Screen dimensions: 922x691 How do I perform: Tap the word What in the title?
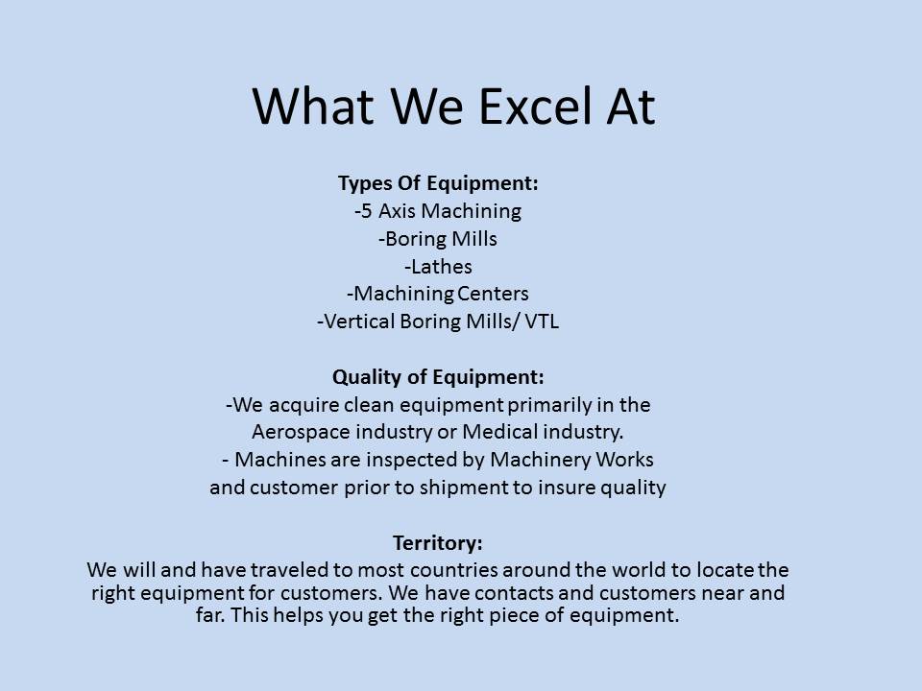click(x=313, y=107)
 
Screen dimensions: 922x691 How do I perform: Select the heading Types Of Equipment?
click(x=438, y=183)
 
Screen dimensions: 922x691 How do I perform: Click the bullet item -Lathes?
click(x=438, y=267)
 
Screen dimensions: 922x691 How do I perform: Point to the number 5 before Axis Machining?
click(x=366, y=211)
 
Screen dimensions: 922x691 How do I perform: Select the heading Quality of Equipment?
click(x=438, y=377)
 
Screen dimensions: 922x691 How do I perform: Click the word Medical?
click(x=499, y=432)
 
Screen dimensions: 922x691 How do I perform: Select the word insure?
click(x=567, y=488)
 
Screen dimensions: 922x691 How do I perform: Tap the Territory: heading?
click(x=438, y=542)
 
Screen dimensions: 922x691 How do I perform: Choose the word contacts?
click(x=514, y=593)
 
